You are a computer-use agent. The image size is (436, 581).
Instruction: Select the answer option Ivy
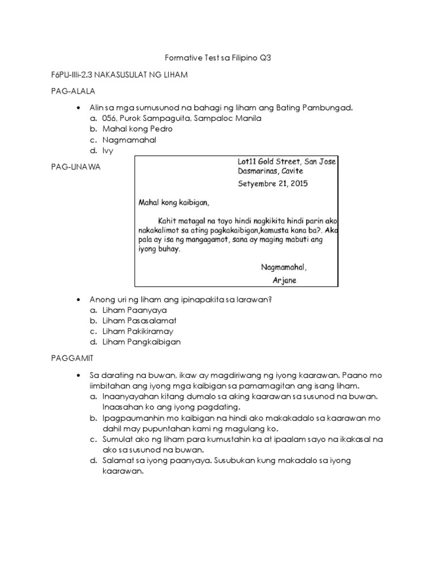click(108, 150)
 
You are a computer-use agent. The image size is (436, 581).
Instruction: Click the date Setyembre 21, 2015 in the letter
click(274, 184)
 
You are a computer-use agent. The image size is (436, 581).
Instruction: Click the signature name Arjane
click(284, 280)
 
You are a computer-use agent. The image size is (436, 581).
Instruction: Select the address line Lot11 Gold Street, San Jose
click(287, 162)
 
